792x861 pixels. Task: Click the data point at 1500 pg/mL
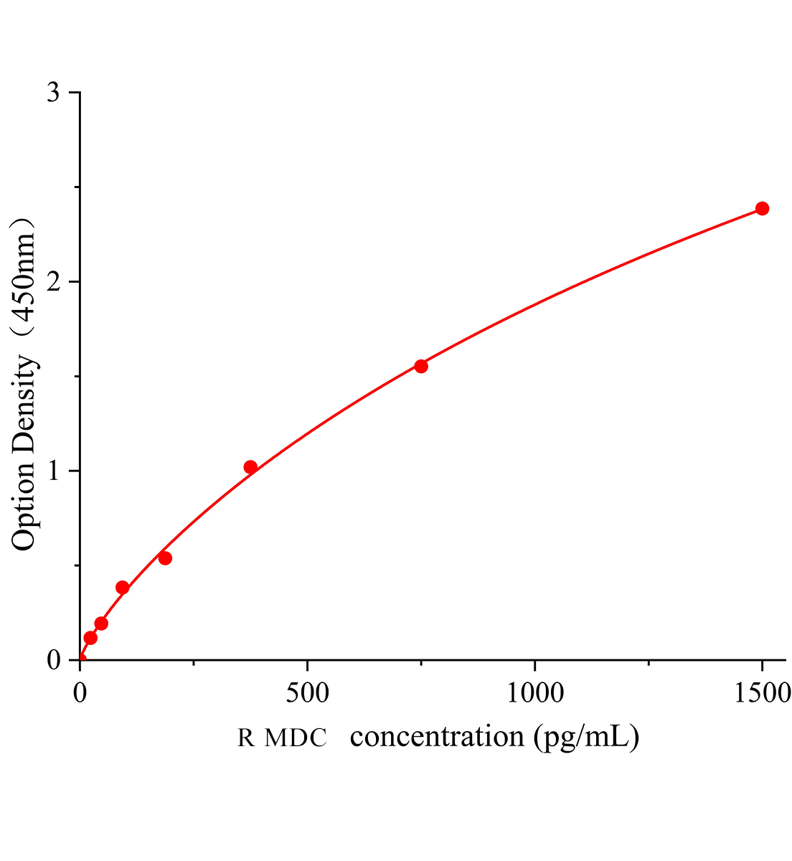coord(762,209)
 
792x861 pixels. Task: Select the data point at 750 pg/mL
coord(421,367)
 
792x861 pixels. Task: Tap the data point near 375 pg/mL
coord(250,467)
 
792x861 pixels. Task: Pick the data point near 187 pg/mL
coord(165,558)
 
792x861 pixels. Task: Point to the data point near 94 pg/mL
coord(123,588)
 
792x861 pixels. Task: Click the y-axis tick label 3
coord(53,93)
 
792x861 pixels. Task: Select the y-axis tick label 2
coord(53,282)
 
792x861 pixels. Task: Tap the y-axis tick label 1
coord(53,471)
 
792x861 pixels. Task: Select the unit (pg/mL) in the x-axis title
coord(586,737)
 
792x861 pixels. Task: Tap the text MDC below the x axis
coord(296,738)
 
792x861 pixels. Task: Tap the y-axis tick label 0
coord(53,660)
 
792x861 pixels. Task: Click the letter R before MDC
coord(246,738)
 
